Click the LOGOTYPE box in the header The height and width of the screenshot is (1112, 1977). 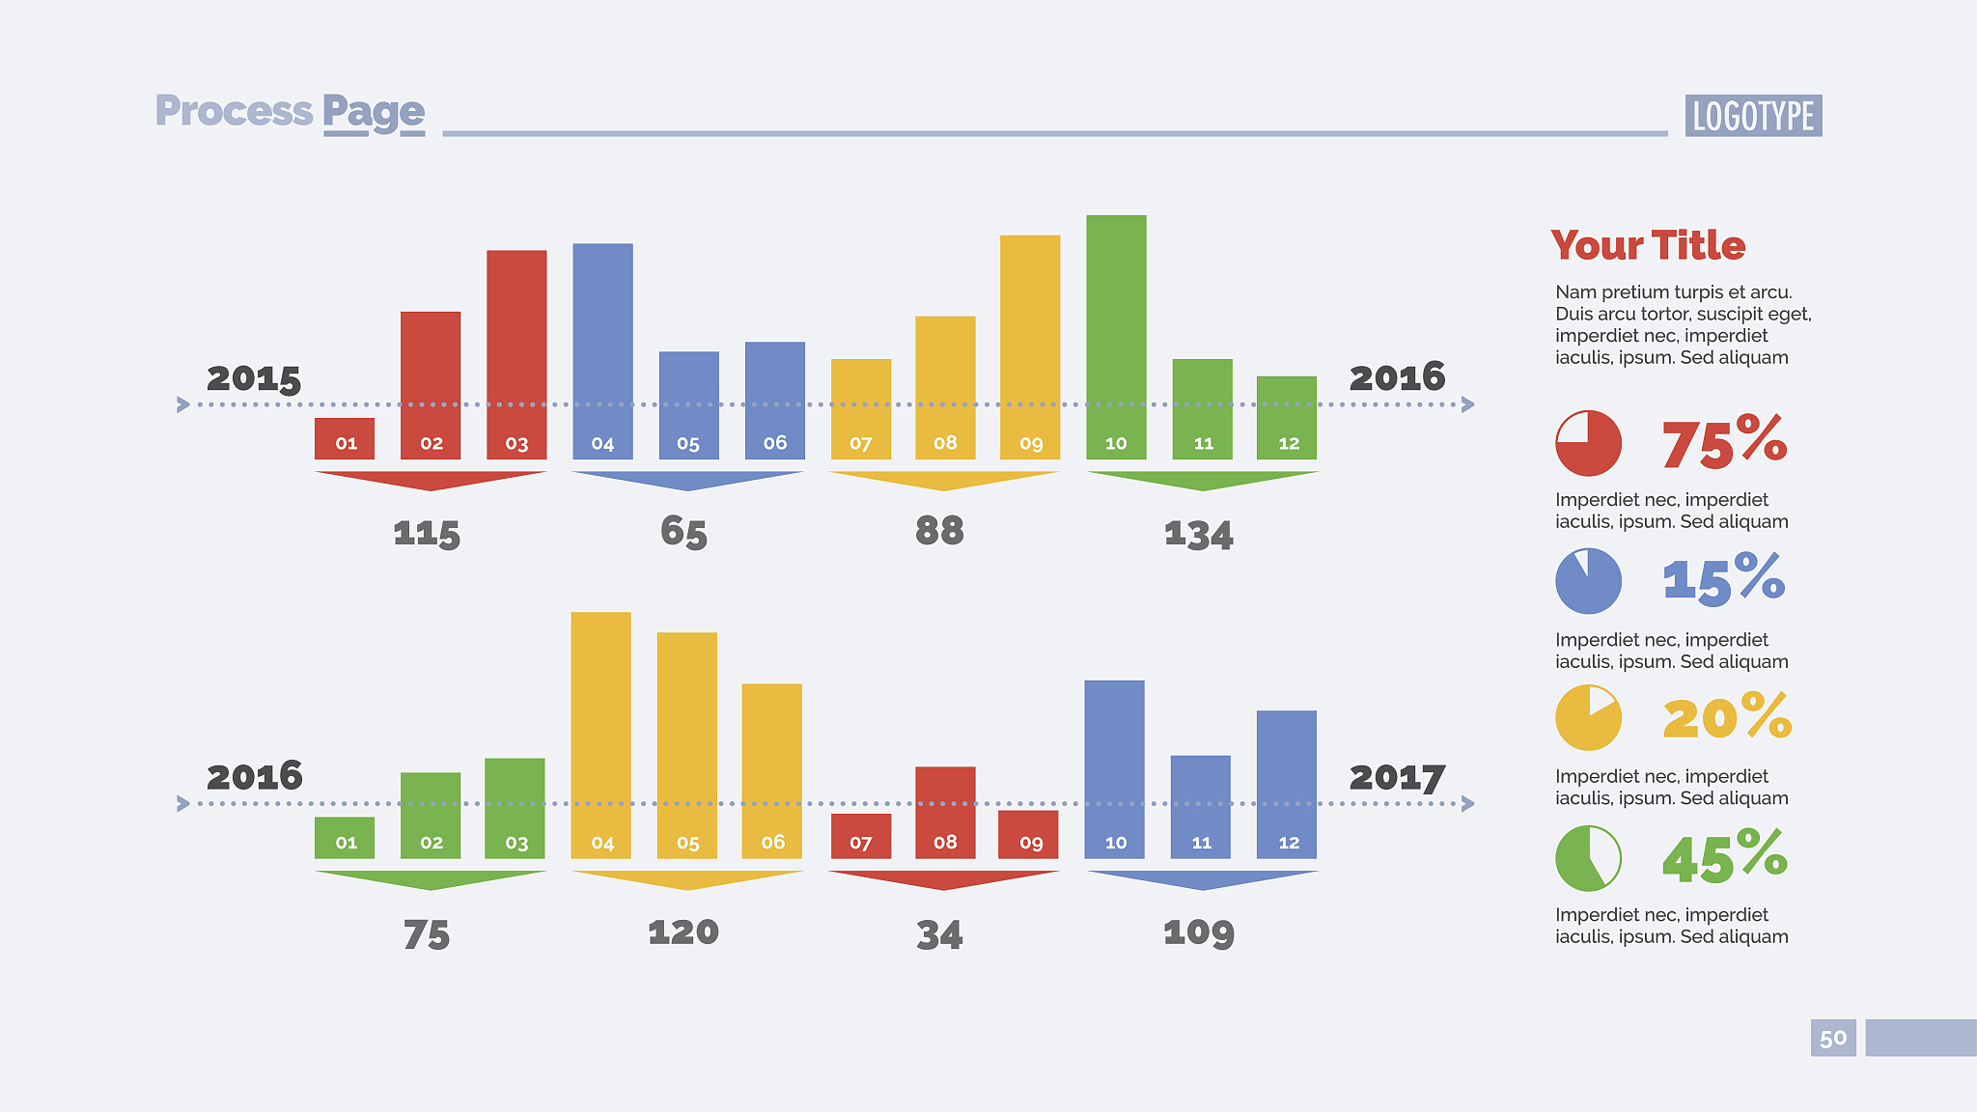[1753, 116]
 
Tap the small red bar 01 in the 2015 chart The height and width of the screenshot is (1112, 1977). [345, 438]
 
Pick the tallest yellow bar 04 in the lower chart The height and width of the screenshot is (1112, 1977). [600, 734]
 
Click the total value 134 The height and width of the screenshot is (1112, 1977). [1198, 534]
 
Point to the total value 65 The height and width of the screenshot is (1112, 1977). [683, 532]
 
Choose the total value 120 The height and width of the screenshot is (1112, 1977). [683, 932]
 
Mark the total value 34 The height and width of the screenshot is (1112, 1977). [939, 934]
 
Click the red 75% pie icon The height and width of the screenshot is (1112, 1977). [1588, 443]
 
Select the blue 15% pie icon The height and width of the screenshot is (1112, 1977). [1588, 581]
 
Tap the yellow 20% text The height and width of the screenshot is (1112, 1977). [1727, 717]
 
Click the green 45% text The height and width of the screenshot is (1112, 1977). [1725, 857]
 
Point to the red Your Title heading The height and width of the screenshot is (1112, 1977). [1648, 246]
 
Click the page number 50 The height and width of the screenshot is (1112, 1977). [1832, 1039]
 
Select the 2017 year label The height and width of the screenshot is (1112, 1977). [1397, 777]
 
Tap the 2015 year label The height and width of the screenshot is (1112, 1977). [254, 378]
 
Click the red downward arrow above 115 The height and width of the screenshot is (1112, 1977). [431, 480]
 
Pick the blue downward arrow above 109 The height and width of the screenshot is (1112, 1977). [1202, 879]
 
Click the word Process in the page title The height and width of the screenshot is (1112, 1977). [234, 111]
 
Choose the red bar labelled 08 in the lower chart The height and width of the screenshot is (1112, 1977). [945, 812]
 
